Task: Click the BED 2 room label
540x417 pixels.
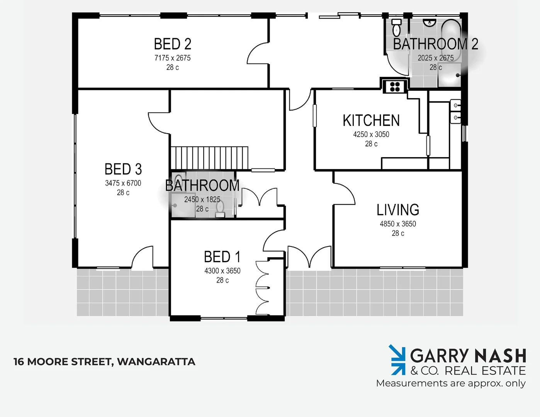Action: click(x=172, y=44)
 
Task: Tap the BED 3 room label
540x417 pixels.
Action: click(x=123, y=169)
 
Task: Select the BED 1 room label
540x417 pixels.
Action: click(x=222, y=257)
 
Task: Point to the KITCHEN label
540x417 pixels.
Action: click(x=371, y=120)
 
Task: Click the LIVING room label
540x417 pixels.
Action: click(x=398, y=210)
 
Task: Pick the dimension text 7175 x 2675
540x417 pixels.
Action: click(x=172, y=58)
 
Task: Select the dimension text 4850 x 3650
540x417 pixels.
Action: click(x=398, y=224)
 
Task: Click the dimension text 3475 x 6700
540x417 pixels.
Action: click(x=123, y=183)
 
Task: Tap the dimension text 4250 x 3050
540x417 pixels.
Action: click(x=371, y=134)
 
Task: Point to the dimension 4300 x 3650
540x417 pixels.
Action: click(x=222, y=271)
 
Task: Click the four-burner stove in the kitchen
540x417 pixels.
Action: click(x=394, y=86)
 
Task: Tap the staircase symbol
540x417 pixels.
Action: click(x=209, y=157)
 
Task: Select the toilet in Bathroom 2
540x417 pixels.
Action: click(x=396, y=28)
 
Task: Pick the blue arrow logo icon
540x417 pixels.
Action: click(x=397, y=360)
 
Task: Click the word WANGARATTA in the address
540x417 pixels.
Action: click(x=156, y=362)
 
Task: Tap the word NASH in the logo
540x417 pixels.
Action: click(x=500, y=356)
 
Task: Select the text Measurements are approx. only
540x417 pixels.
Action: click(x=450, y=383)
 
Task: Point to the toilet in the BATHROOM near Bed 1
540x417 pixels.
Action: click(x=220, y=208)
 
